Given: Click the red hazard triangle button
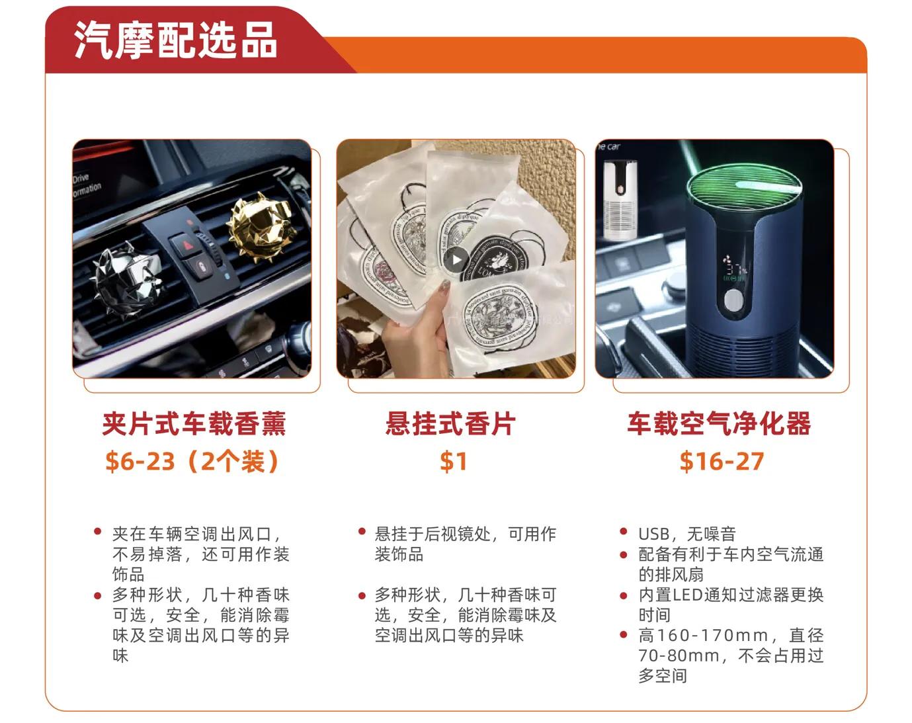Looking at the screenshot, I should click(x=183, y=246).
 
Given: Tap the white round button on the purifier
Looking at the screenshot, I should click(x=733, y=302).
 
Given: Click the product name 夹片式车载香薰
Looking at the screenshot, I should click(x=194, y=424).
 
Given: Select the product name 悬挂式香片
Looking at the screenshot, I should click(x=450, y=424).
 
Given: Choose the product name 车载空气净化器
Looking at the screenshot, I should click(x=719, y=424).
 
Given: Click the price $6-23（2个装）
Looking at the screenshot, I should click(x=192, y=461).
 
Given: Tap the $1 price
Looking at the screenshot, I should click(x=454, y=461).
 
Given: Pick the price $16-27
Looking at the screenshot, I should click(x=722, y=461).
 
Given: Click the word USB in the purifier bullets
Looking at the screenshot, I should click(x=655, y=534).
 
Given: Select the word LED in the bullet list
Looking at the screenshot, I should click(x=688, y=595).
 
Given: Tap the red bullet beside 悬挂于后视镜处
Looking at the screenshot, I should click(x=362, y=531).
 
